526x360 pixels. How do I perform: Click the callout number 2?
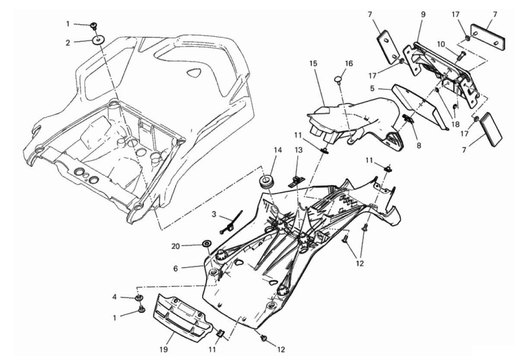tap(68, 43)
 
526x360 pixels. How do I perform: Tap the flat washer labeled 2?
tap(98, 41)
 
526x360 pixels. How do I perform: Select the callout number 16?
tap(349, 64)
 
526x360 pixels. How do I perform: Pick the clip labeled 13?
tap(296, 182)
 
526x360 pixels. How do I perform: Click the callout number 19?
tap(164, 350)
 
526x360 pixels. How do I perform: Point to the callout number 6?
tap(175, 268)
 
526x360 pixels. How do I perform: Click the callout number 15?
tap(313, 64)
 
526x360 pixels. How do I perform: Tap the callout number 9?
tap(423, 15)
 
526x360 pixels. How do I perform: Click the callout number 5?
tap(372, 89)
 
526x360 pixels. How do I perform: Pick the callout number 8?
tap(419, 146)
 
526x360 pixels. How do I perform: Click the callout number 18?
tap(455, 124)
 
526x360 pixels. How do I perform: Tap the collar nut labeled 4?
tap(139, 298)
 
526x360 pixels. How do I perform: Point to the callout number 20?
tap(175, 246)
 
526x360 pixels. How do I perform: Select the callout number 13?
tap(299, 150)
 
